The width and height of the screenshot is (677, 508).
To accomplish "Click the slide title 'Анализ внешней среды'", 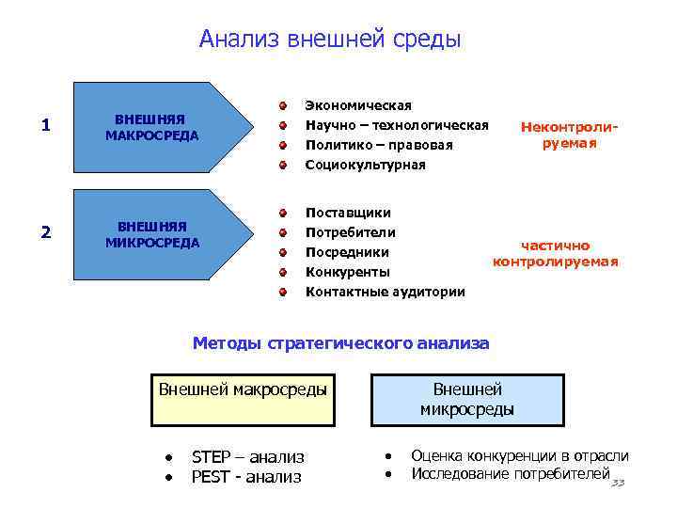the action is [330, 40].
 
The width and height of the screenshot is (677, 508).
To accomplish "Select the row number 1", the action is [47, 126].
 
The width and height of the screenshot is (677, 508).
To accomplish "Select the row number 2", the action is [47, 233].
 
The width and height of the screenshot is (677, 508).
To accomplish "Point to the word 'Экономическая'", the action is [358, 105].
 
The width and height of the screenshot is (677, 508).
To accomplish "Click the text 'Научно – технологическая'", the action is [397, 125].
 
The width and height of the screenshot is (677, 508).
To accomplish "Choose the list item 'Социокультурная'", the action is [366, 165].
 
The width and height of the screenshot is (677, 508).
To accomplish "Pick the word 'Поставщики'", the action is [348, 213].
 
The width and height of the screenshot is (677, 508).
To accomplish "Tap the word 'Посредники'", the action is [347, 252].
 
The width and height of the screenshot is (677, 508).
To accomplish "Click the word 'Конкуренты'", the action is [348, 272].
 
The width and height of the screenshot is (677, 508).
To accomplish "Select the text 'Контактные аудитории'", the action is [386, 292].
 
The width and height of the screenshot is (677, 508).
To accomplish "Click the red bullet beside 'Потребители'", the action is [282, 232].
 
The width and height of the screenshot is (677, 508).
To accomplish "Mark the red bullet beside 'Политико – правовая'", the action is [282, 146].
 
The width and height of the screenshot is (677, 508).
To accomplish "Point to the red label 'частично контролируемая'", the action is [556, 253].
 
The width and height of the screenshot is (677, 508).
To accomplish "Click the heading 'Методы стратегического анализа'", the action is [340, 343].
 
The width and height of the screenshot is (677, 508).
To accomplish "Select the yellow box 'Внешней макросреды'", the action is [244, 389].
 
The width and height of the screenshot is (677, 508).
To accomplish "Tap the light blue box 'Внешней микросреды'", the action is [467, 399].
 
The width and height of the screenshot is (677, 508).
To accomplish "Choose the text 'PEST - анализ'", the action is [246, 477].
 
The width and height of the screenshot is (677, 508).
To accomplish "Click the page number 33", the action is [617, 483].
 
